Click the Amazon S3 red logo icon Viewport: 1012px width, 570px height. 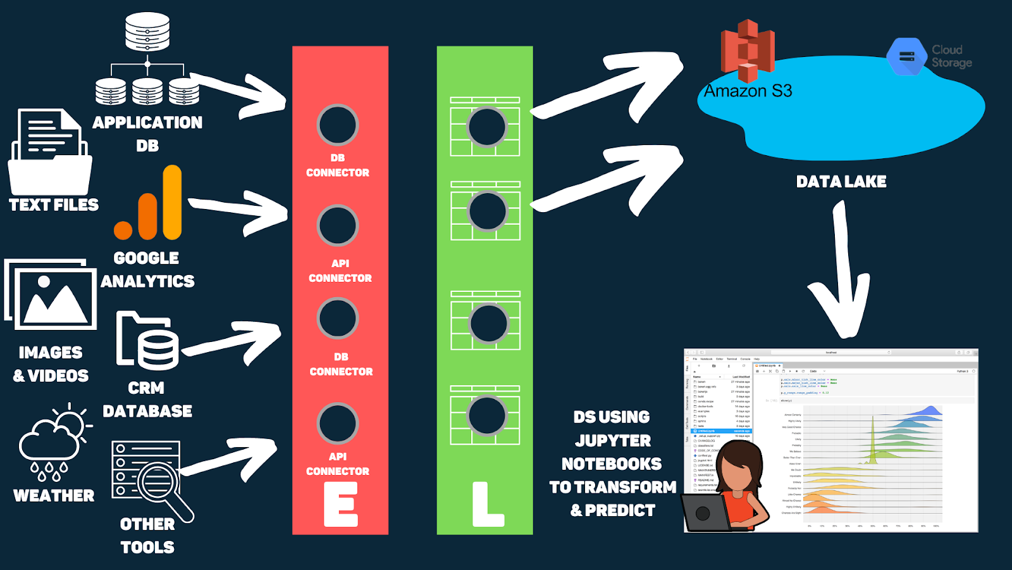point(748,51)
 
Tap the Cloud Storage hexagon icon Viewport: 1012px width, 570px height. point(906,56)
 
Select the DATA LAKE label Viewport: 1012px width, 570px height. point(841,182)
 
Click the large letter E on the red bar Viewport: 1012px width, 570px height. point(341,504)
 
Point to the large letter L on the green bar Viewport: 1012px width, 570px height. point(487,505)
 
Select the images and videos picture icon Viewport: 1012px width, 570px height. point(51,294)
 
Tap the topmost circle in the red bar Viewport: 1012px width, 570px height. point(338,125)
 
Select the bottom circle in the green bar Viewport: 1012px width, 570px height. point(486,415)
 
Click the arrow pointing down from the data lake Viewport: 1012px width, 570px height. point(842,272)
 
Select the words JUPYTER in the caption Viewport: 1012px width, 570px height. point(612,441)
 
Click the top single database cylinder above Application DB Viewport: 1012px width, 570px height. point(147,32)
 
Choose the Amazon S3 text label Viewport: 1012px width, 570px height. point(748,92)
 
